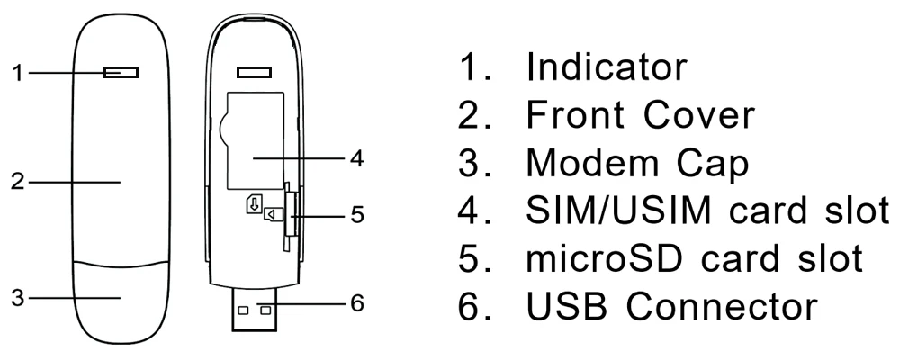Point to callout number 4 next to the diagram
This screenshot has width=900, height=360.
click(x=357, y=158)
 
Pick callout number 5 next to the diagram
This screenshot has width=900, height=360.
click(x=357, y=216)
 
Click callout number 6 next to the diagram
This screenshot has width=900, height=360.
click(x=357, y=303)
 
